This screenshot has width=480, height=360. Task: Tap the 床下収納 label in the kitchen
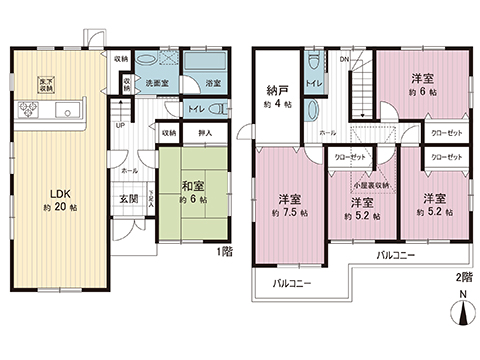46,84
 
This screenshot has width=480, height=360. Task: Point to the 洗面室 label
157,82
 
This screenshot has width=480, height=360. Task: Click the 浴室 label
213,82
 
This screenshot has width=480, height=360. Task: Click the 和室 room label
194,185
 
